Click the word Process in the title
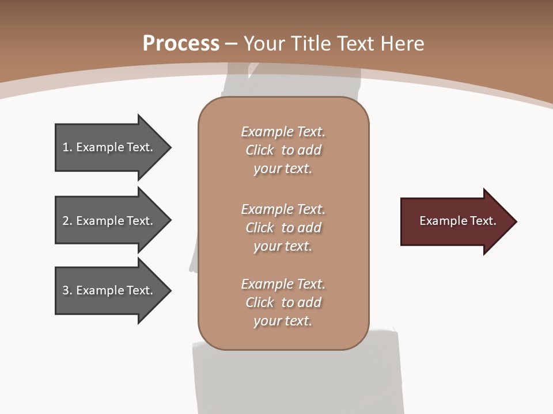(181, 43)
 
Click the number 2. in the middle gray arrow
(67, 221)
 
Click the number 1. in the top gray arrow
(67, 147)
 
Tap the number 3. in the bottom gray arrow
(67, 290)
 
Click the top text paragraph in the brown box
(283, 150)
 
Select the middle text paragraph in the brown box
(283, 228)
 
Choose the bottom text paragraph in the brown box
(283, 302)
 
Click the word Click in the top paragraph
(260, 150)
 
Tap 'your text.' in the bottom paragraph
(283, 321)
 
